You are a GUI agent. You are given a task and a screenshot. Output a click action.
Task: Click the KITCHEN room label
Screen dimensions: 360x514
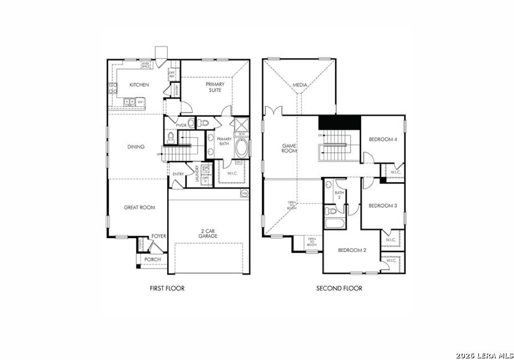pos(139,85)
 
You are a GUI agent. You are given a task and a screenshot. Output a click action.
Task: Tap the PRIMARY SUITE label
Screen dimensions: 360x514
pos(215,88)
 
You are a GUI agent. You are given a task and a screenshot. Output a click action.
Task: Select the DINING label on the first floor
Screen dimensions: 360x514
pos(136,147)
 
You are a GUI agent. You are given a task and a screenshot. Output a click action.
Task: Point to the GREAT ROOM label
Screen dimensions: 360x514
pos(140,208)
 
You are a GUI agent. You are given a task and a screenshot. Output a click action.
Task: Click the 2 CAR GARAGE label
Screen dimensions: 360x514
pos(209,233)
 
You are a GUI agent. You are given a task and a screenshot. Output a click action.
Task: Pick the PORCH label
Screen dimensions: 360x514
pos(152,259)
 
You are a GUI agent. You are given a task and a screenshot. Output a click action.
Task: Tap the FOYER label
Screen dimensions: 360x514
pos(159,236)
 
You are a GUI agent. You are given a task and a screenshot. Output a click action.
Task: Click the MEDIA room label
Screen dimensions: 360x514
pos(300,85)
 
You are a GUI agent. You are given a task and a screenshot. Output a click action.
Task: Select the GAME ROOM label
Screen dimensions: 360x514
pos(289,148)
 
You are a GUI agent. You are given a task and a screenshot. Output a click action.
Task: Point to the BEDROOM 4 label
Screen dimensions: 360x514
pos(383,140)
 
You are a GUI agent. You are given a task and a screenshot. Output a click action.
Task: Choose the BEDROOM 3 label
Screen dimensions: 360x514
pos(383,205)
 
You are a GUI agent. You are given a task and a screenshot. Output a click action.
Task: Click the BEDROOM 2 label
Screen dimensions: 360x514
pos(353,250)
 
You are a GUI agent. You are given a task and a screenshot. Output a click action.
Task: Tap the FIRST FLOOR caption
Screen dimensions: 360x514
pos(167,288)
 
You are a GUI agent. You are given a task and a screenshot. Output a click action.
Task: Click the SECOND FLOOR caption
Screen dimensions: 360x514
pos(339,288)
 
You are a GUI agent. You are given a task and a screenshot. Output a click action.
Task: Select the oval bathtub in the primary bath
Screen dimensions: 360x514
pos(242,148)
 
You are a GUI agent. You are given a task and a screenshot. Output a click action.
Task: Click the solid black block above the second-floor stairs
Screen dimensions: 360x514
pos(340,121)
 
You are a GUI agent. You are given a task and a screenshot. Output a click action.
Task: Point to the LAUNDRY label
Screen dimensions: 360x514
pos(197,176)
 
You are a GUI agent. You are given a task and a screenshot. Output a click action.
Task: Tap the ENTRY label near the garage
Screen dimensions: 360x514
pos(178,174)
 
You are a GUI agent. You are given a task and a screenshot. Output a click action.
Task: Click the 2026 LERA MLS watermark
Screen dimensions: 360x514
pos(485,355)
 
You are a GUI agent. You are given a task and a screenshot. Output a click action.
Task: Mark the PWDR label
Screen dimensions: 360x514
pos(181,126)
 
